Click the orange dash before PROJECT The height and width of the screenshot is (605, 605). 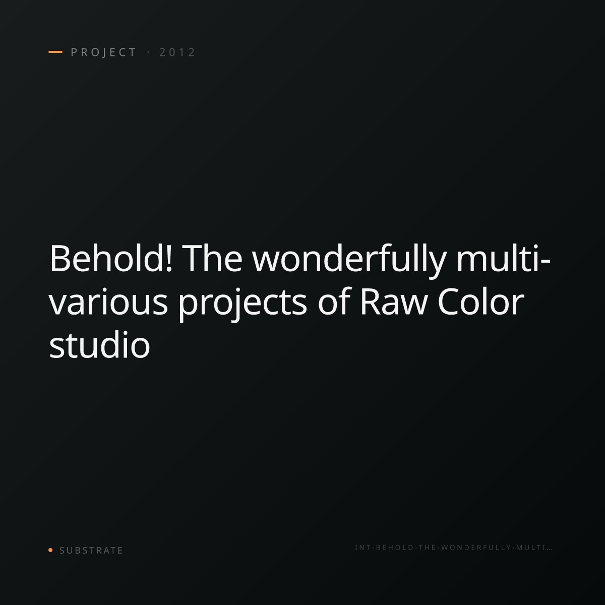(55, 52)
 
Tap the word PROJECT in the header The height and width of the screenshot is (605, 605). (103, 52)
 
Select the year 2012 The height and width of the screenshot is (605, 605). (177, 52)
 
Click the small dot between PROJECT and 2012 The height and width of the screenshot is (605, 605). (148, 52)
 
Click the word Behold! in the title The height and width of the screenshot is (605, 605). (111, 258)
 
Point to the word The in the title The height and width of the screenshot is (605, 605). (212, 258)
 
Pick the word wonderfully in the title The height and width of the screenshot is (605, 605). (349, 261)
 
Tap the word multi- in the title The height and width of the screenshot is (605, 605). (503, 258)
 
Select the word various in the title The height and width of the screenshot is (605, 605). (108, 302)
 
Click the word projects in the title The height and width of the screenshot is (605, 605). (243, 304)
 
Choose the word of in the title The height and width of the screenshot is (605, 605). (334, 301)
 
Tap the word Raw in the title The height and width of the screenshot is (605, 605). (394, 301)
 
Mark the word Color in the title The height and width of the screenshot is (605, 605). (480, 301)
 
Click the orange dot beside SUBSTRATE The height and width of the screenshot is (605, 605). (50, 550)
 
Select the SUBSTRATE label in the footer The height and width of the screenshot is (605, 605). (91, 551)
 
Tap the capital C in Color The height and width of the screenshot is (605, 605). (450, 301)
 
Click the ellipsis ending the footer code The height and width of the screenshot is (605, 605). (550, 550)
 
